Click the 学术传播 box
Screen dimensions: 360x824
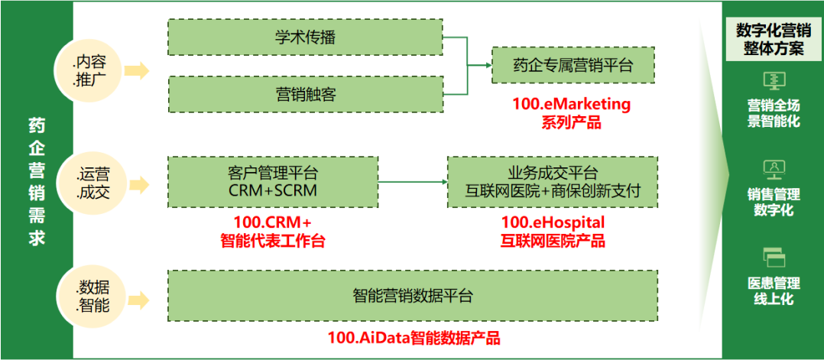pos(305,37)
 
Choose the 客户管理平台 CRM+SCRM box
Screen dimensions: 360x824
pos(273,181)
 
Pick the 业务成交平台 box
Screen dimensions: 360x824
pos(552,181)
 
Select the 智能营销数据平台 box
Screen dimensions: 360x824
pos(413,295)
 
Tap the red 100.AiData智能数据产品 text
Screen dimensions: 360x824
pos(414,337)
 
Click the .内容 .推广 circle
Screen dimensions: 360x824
pos(89,70)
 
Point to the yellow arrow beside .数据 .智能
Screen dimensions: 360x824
pos(138,297)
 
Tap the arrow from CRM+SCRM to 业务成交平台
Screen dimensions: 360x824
pos(413,182)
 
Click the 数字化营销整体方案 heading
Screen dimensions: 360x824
pos(772,40)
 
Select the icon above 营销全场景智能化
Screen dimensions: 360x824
pos(773,80)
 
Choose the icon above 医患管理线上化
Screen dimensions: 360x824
pos(773,258)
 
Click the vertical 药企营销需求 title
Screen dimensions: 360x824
pos(36,180)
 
